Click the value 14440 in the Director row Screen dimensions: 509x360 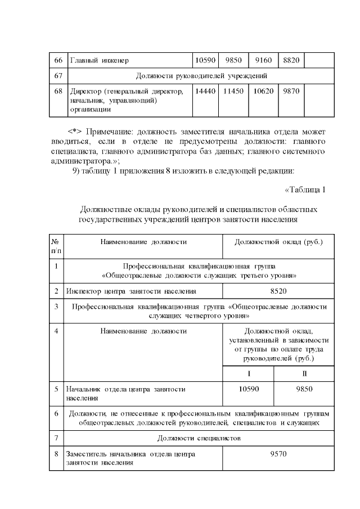pyautogui.click(x=205, y=91)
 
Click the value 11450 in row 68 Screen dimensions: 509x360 pyautogui.click(x=232, y=91)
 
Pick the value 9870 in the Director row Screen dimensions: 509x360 pyautogui.click(x=291, y=91)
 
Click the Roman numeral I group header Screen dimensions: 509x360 pyautogui.click(x=248, y=373)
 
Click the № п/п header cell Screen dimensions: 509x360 pyautogui.click(x=56, y=245)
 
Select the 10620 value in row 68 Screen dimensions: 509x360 pyautogui.click(x=263, y=91)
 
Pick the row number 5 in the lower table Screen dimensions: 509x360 pyautogui.click(x=56, y=389)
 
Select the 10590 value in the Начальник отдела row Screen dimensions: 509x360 pyautogui.click(x=248, y=389)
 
